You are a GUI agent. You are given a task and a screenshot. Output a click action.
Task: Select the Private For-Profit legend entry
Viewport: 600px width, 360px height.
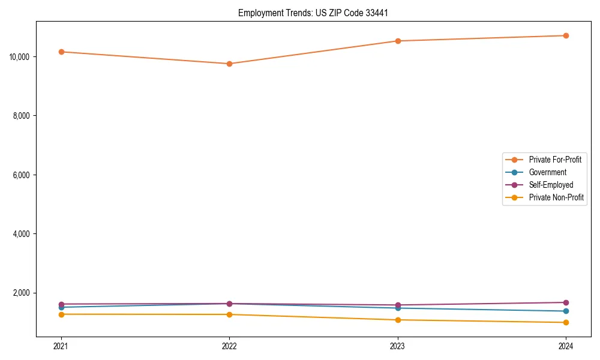coord(555,160)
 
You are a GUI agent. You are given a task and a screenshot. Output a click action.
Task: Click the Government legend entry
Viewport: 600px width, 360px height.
coord(547,172)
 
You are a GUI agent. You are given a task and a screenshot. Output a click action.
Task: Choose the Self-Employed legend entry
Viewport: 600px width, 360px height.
coord(551,185)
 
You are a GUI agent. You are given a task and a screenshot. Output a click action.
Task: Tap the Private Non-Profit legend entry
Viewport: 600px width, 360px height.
coord(556,197)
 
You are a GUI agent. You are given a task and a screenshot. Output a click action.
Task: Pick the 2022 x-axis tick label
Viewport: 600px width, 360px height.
coord(229,346)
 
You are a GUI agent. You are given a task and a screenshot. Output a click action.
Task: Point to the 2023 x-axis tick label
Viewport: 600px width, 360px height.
coord(397,346)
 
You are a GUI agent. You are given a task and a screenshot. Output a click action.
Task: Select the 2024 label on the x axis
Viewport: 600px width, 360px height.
coord(566,346)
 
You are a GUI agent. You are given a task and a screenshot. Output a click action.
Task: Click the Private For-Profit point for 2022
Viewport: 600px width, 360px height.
coord(229,64)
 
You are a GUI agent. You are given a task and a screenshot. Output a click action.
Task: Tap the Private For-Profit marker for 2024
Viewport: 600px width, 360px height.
coord(566,35)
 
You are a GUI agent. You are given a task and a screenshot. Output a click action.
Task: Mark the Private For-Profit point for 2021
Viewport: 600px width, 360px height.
coord(61,52)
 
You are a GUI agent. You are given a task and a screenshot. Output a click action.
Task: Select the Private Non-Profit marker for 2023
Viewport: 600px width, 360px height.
coord(397,320)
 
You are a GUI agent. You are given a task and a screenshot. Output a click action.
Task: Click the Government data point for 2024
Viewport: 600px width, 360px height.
coord(566,311)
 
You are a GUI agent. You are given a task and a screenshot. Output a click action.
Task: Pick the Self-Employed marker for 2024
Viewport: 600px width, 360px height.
coord(566,302)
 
